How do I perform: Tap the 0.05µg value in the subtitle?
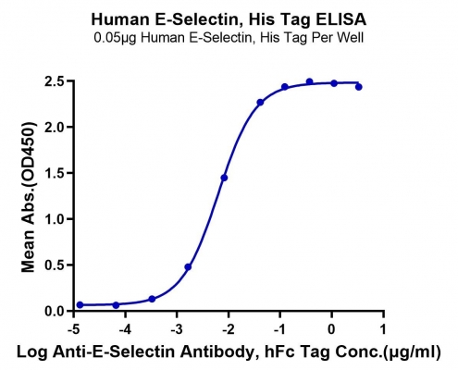[x=115, y=38]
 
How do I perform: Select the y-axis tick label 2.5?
[x=55, y=81]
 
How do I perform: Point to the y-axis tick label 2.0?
[x=55, y=127]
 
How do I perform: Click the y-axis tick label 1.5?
[x=55, y=173]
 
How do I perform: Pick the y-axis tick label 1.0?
[x=55, y=219]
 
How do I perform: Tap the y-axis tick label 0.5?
[x=55, y=265]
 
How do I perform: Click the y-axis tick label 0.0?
[x=55, y=311]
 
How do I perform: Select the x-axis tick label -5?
[x=73, y=329]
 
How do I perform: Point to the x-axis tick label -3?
[x=177, y=329]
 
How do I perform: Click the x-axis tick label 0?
[x=331, y=329]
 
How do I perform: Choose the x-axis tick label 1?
[x=383, y=329]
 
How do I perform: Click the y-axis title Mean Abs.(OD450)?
[x=29, y=197]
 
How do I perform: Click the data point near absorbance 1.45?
[x=224, y=178]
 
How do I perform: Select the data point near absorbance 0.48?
[x=188, y=267]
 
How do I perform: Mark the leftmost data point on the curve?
[x=80, y=305]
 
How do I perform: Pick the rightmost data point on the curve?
[x=358, y=87]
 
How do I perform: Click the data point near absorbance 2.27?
[x=260, y=103]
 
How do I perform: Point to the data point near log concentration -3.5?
[x=152, y=299]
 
